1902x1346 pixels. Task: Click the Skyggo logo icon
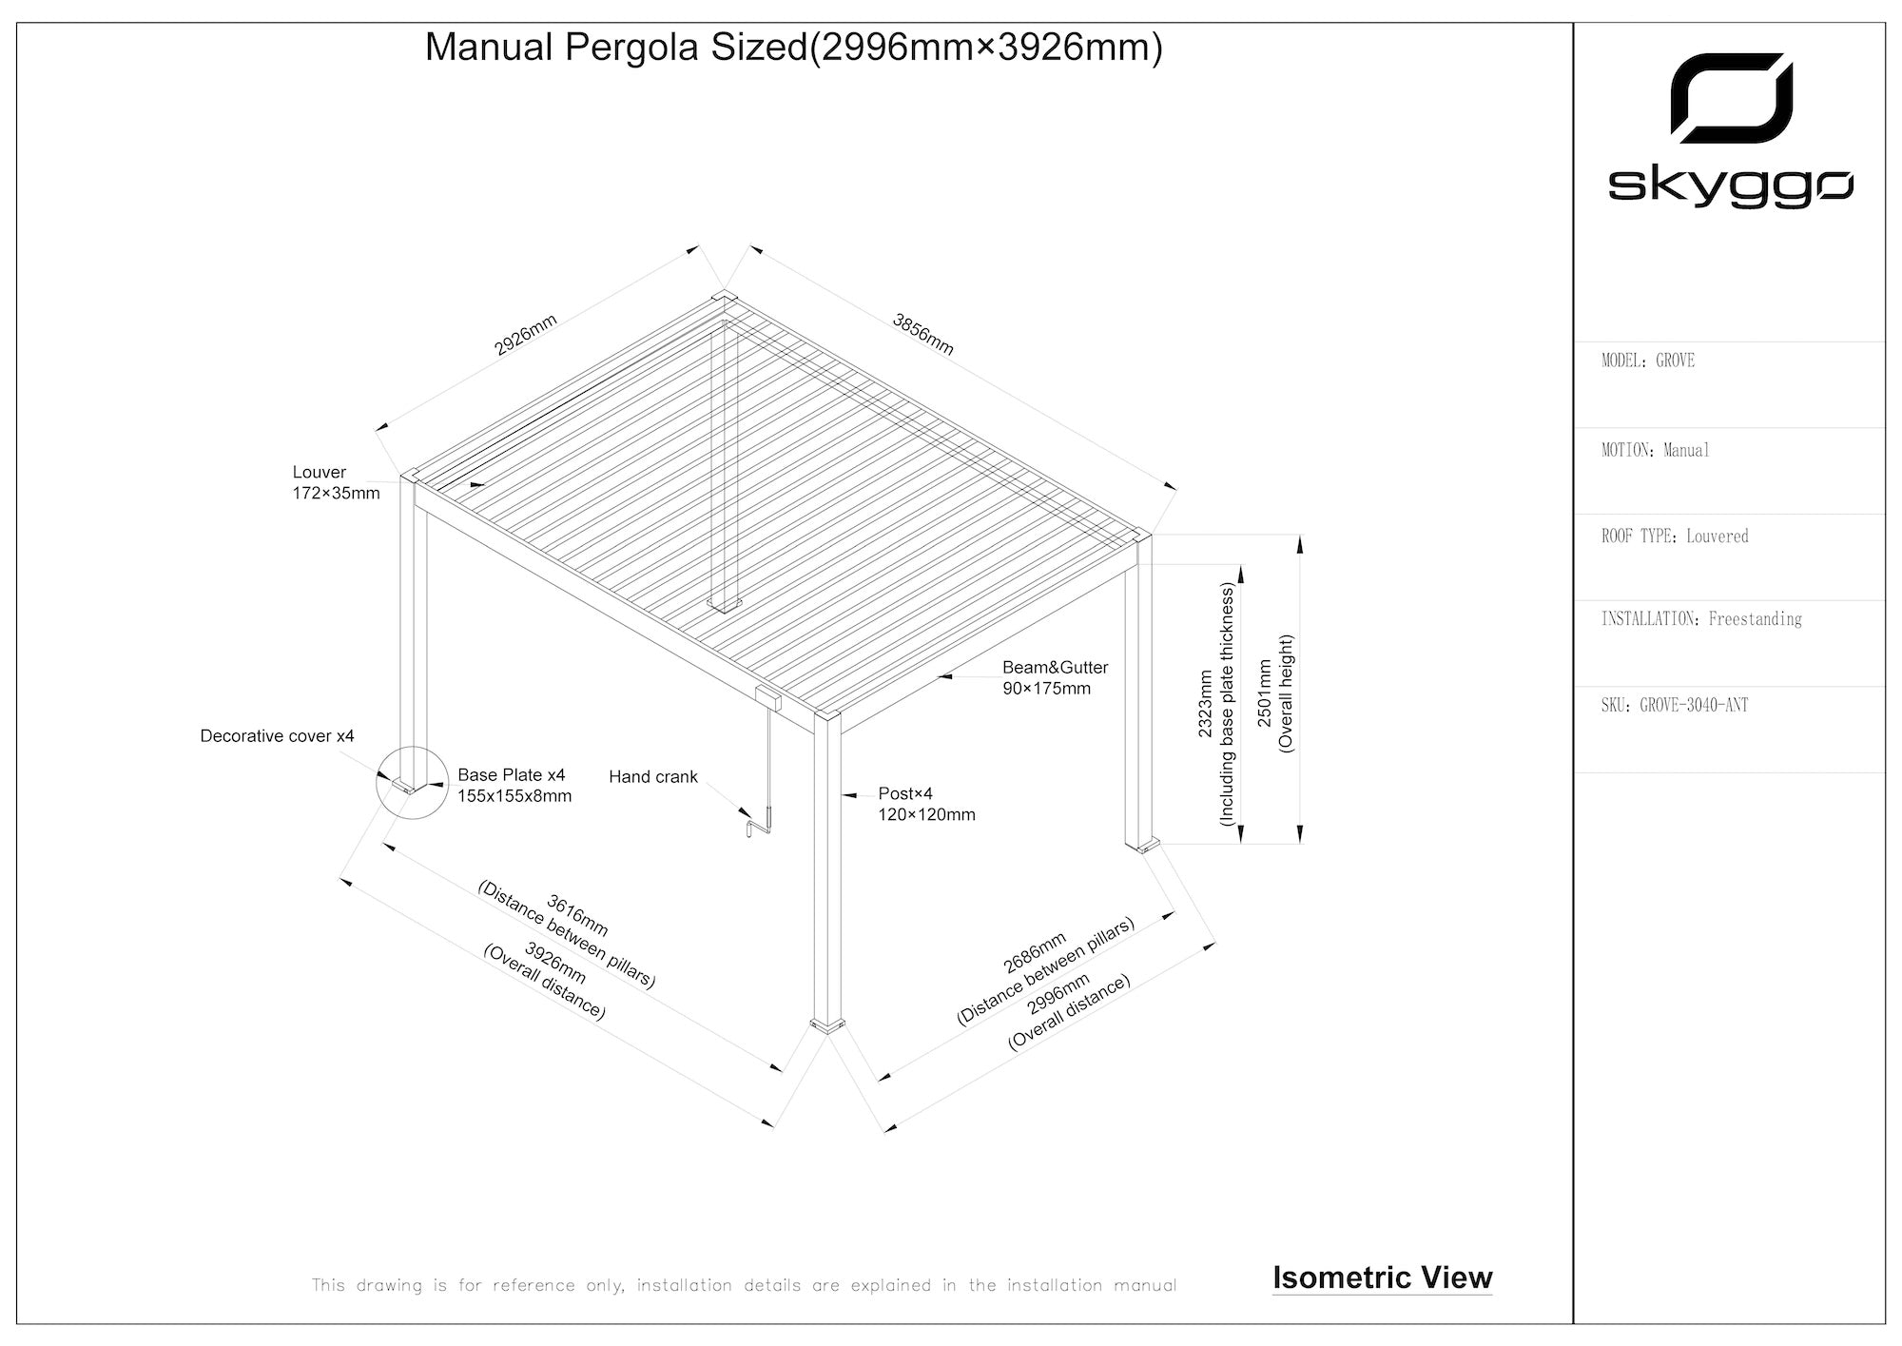tap(1731, 98)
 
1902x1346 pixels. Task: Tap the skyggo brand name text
tap(1730, 186)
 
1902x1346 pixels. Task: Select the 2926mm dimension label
tap(525, 335)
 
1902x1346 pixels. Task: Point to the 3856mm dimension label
tap(922, 334)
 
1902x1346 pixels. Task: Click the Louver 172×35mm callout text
tap(336, 482)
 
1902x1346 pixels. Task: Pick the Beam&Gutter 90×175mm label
tap(1055, 678)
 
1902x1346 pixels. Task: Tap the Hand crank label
tap(652, 777)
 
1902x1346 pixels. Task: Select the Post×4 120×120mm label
tap(926, 804)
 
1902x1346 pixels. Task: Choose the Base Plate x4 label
tap(514, 786)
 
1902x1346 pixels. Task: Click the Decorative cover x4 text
tap(277, 736)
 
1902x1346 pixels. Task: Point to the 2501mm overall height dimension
tap(1275, 693)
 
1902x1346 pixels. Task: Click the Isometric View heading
tap(1382, 1278)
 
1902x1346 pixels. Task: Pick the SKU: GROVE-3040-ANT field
tap(1674, 705)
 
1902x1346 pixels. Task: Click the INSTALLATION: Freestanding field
tap(1700, 619)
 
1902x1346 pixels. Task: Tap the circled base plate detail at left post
tap(411, 783)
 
